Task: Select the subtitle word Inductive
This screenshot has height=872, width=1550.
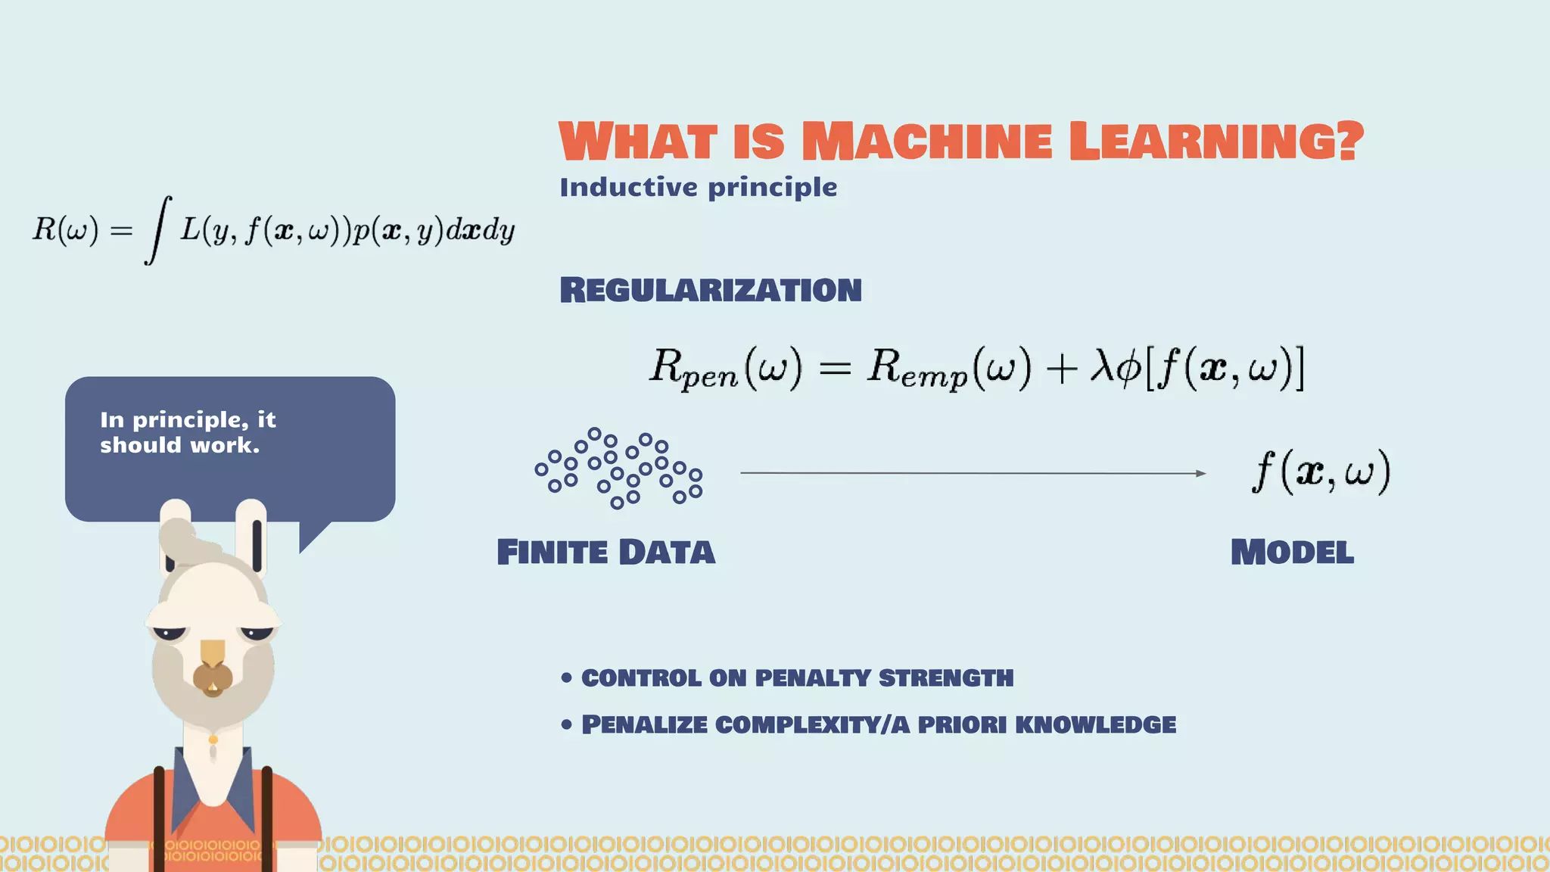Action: point(628,187)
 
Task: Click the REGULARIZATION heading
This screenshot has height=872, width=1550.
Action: point(711,290)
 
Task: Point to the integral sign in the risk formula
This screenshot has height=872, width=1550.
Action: point(157,230)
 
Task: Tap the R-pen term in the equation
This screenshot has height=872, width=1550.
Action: point(693,369)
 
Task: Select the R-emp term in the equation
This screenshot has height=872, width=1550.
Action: point(917,369)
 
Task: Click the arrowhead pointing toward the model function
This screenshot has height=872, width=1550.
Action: point(1200,474)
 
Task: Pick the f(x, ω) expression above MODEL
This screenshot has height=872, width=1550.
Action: point(1321,471)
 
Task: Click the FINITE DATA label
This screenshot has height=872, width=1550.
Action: point(605,553)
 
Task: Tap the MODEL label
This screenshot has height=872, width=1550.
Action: point(1292,553)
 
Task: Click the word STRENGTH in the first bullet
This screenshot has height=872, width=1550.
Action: point(945,678)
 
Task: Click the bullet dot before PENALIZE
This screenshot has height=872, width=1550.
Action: point(567,725)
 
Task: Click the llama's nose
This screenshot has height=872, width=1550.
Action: point(213,676)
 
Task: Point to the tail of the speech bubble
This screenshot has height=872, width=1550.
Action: point(312,536)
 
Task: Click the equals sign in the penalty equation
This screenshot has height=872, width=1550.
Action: point(835,369)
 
